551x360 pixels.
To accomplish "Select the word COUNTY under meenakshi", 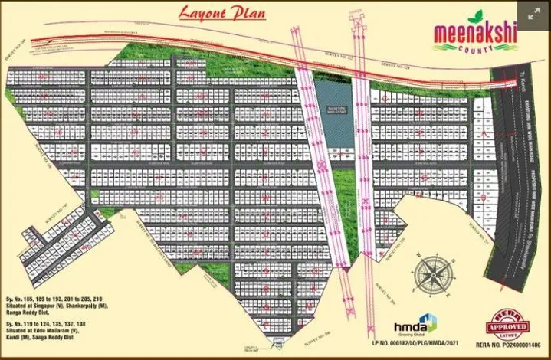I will click(x=475, y=47).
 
